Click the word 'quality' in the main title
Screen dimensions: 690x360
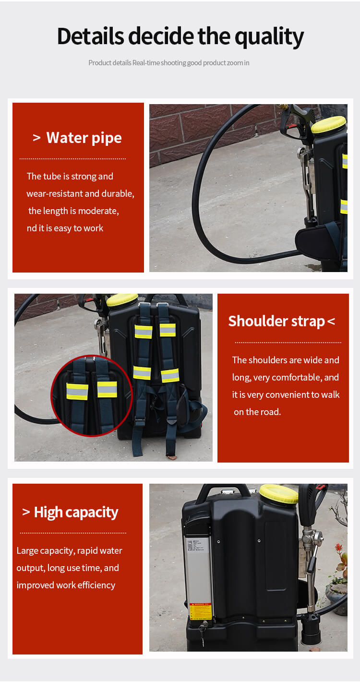268,37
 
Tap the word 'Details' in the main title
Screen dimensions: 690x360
90,37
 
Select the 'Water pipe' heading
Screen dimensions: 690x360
84,138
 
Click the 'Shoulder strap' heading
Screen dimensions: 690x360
276,321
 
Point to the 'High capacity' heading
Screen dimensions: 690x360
76,512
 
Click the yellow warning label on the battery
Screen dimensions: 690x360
200,611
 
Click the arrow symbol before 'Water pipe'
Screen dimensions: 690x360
36,138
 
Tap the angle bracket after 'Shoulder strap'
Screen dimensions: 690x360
331,321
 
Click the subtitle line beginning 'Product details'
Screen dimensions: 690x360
168,63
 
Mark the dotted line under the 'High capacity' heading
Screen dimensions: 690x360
73,533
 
